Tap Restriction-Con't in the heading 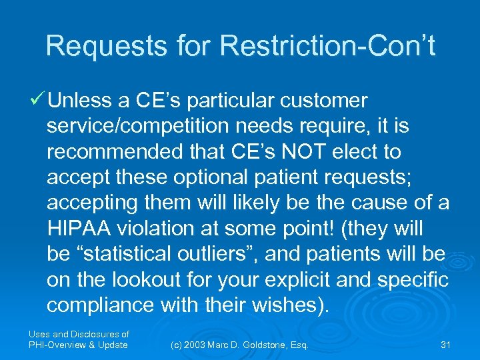tap(327, 46)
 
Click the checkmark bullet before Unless tap(37, 101)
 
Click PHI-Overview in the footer tap(55, 345)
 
